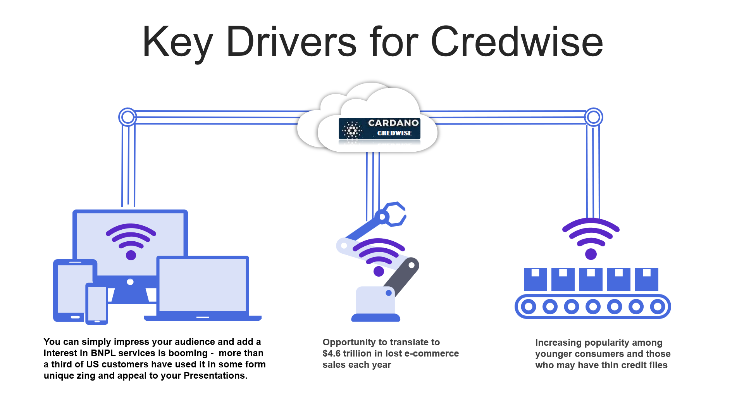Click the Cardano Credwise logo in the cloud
tap(379, 129)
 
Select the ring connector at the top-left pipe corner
tap(127, 117)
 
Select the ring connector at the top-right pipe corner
tap(594, 117)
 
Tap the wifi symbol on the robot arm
tap(379, 256)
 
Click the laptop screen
tap(203, 284)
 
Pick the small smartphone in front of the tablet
tap(97, 304)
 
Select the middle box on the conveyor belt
tap(591, 279)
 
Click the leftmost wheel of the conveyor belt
tap(528, 306)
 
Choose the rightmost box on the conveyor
tap(647, 279)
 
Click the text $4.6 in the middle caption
tap(331, 353)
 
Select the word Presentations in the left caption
tap(215, 376)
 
